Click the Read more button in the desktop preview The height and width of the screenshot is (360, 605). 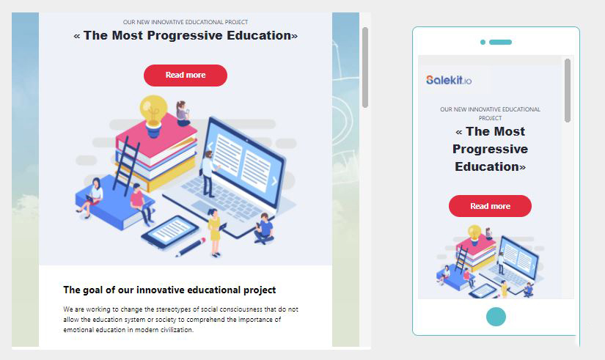tap(186, 76)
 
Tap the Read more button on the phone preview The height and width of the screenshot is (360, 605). tap(490, 206)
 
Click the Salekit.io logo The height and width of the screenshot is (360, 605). tap(449, 80)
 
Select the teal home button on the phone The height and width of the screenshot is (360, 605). tap(496, 317)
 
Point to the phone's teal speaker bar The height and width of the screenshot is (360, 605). tap(500, 42)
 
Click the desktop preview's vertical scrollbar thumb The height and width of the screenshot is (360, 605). tap(365, 67)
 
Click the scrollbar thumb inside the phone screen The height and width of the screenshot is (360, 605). tap(567, 91)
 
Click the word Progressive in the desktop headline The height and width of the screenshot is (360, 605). tap(186, 35)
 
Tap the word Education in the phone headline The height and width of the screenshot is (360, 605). tap(486, 166)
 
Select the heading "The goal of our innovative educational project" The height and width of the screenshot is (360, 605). tap(169, 290)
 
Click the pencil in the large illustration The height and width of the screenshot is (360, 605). tap(191, 247)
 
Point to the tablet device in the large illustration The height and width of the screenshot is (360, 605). tap(170, 232)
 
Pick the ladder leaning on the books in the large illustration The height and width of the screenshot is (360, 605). tap(126, 166)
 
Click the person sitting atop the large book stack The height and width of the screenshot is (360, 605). tap(183, 114)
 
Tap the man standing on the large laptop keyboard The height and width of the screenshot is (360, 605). tap(208, 174)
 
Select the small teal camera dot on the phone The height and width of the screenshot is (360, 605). tap(483, 42)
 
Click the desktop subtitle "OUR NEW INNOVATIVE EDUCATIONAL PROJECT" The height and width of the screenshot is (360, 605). tap(186, 22)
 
